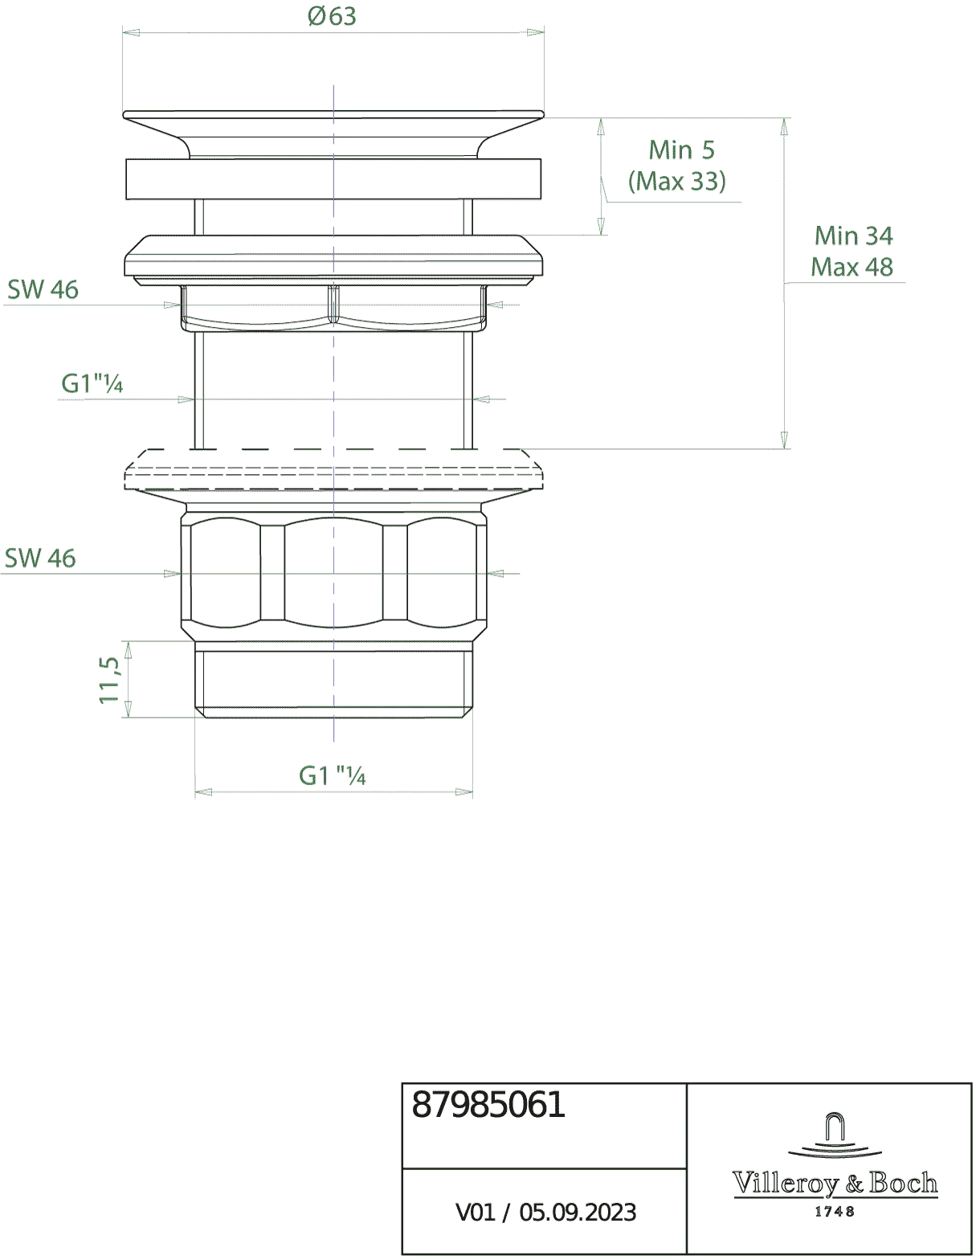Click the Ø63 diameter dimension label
(x=332, y=16)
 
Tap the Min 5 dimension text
(x=681, y=150)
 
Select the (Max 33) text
(x=677, y=182)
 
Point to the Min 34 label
(x=854, y=235)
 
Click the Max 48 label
(x=851, y=267)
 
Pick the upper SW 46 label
(x=43, y=289)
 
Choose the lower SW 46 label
(x=40, y=558)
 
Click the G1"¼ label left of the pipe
(x=92, y=383)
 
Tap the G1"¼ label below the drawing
(x=333, y=775)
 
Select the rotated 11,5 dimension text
(x=109, y=680)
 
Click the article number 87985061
(x=488, y=1106)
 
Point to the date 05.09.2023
(x=578, y=1212)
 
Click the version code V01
(x=476, y=1212)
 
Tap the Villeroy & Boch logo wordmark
(x=835, y=1183)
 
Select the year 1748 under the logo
(x=835, y=1211)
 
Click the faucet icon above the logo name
(x=835, y=1136)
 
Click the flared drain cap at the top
(x=334, y=133)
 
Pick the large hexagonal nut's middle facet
(x=334, y=574)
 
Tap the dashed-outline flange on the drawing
(x=334, y=470)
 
